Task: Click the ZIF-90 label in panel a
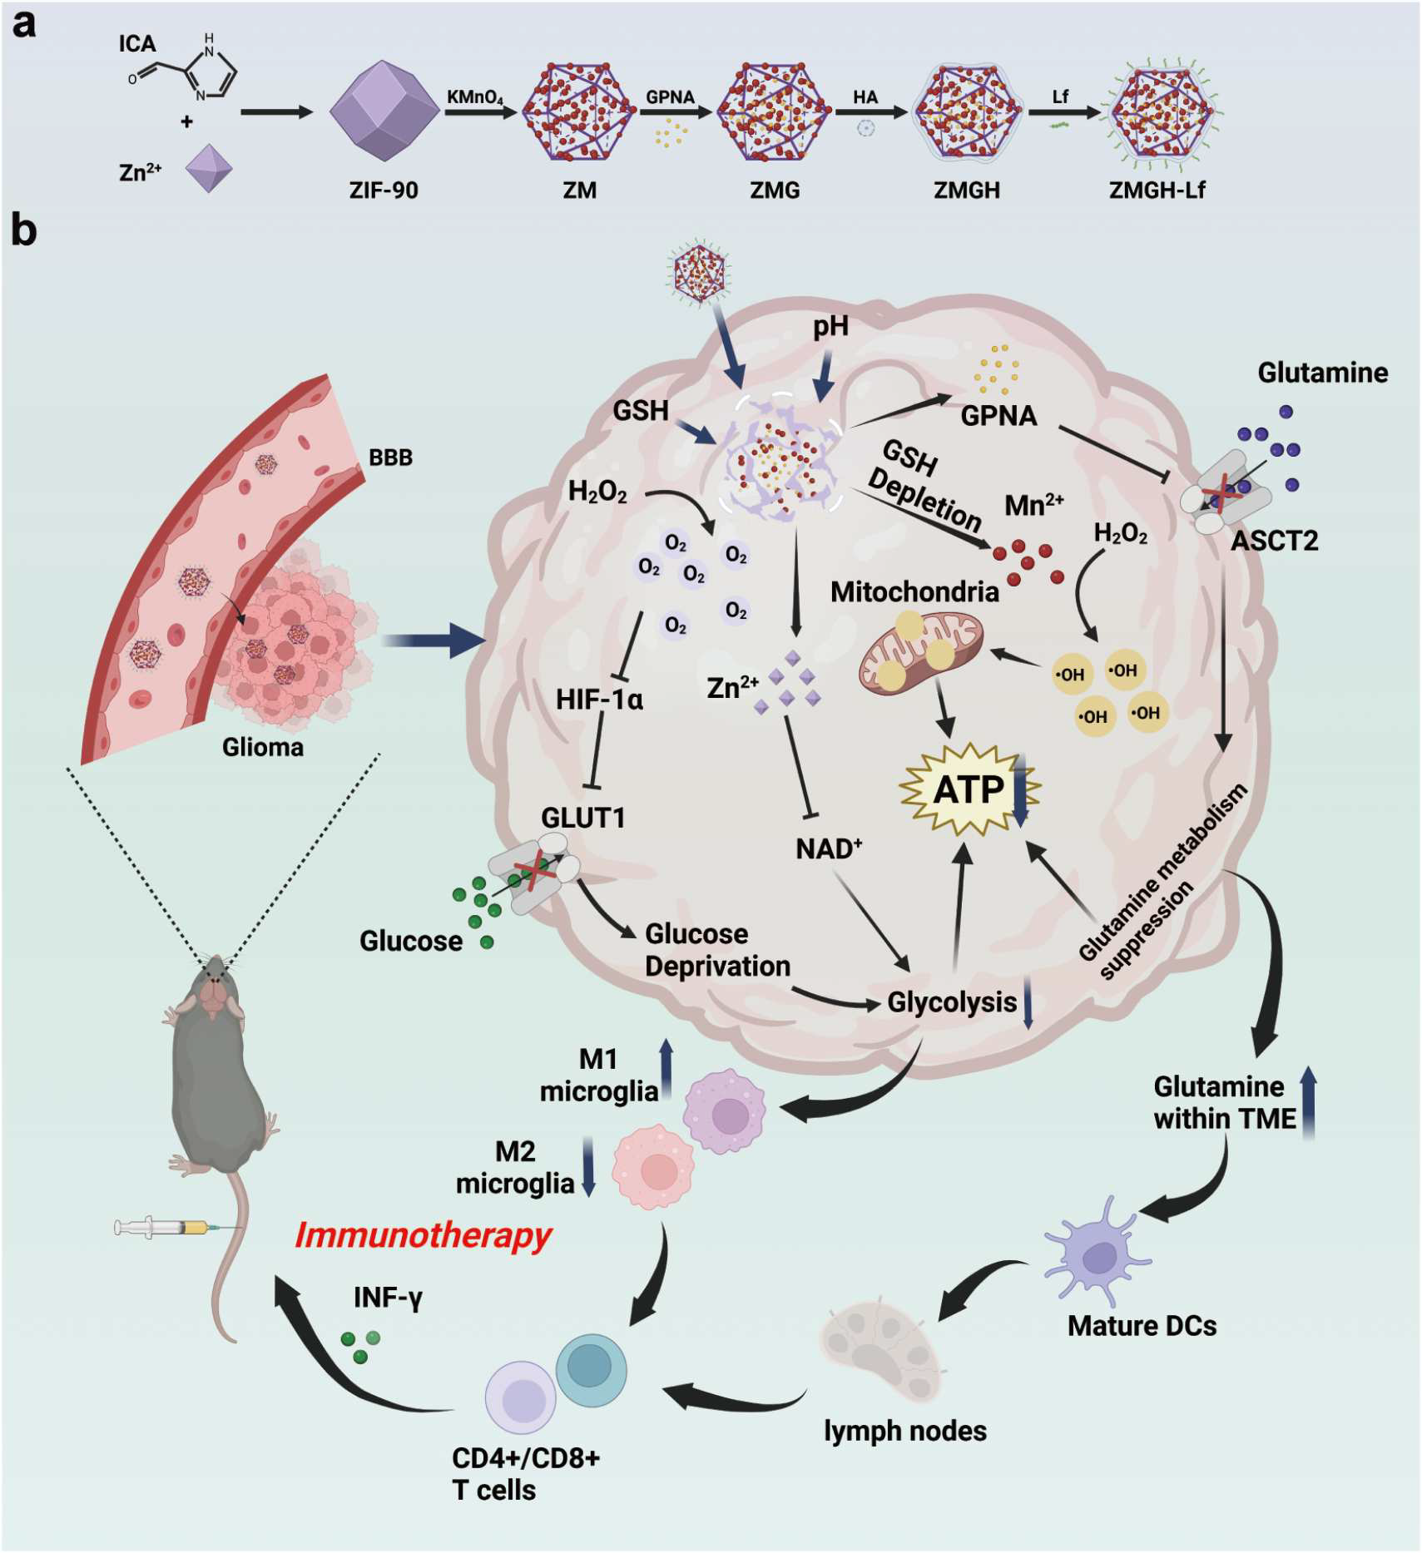pyautogui.click(x=383, y=190)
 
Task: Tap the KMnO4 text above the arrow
pyautogui.click(x=474, y=97)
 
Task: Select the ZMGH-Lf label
pyautogui.click(x=1157, y=190)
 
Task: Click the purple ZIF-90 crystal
pyautogui.click(x=384, y=111)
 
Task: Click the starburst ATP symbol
pyautogui.click(x=968, y=789)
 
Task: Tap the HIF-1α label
pyautogui.click(x=599, y=700)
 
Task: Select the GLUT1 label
pyautogui.click(x=582, y=818)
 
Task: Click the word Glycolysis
pyautogui.click(x=952, y=1002)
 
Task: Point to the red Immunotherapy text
pyautogui.click(x=423, y=1235)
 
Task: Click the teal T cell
pyautogui.click(x=591, y=1371)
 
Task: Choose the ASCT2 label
pyautogui.click(x=1274, y=542)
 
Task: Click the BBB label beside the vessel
pyautogui.click(x=390, y=457)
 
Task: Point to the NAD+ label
pyautogui.click(x=829, y=849)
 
